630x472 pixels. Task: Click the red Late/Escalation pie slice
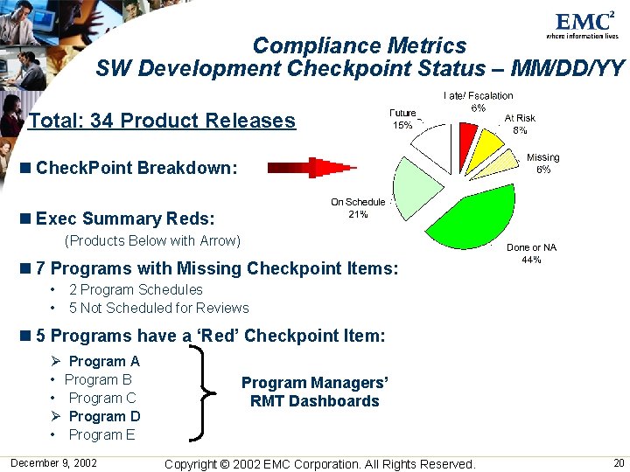coord(467,139)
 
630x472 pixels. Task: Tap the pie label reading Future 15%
coord(402,119)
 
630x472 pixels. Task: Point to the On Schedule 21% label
coord(357,208)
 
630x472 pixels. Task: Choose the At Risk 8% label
coord(520,123)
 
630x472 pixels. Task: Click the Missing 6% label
coord(542,163)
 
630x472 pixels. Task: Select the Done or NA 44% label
coord(531,253)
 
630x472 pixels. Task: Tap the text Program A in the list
coord(104,361)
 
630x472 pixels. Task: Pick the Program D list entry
coord(104,416)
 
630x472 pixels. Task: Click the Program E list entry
coord(101,434)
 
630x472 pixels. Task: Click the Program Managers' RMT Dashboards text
coord(314,392)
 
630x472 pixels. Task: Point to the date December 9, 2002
coord(54,462)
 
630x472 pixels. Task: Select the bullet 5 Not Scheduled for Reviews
coord(158,308)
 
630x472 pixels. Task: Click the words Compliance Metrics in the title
coord(360,45)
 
